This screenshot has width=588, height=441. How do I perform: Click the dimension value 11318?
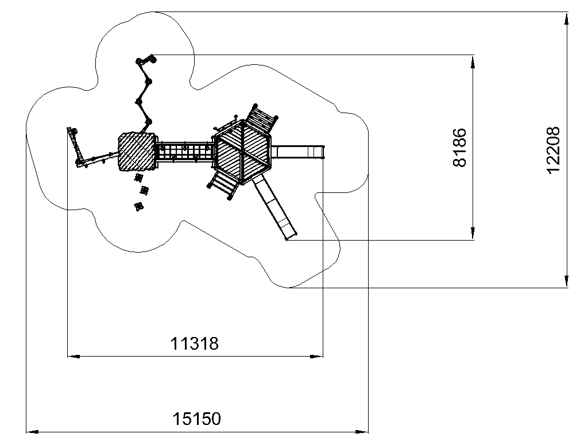click(194, 343)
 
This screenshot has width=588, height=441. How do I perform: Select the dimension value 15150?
click(196, 419)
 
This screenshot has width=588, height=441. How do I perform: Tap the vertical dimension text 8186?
click(460, 148)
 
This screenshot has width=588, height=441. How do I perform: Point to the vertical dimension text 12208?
click(554, 150)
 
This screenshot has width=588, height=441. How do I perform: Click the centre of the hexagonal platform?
click(243, 152)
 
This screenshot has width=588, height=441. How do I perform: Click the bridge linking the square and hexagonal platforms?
click(185, 152)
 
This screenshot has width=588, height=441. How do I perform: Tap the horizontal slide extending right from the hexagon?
click(298, 152)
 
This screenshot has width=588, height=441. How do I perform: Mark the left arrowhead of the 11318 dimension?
click(73, 356)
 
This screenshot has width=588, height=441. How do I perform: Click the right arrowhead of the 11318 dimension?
click(316, 356)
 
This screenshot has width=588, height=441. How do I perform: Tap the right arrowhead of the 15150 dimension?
click(362, 432)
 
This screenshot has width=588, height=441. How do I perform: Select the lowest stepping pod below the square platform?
click(138, 206)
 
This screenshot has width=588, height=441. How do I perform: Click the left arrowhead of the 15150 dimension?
click(32, 432)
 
